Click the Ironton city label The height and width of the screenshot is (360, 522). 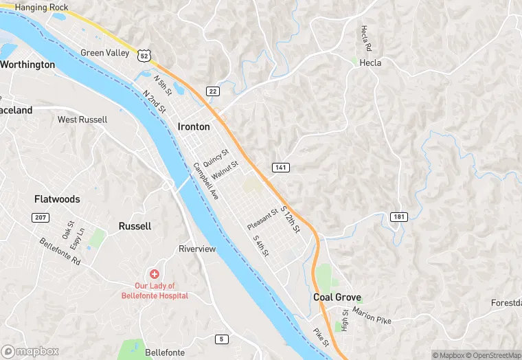click(x=194, y=126)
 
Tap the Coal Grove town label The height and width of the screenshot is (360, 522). click(x=337, y=297)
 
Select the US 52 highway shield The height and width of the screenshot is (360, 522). click(x=142, y=54)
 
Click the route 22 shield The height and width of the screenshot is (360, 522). click(x=212, y=91)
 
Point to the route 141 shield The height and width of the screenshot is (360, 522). click(x=280, y=168)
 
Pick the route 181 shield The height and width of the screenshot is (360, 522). click(x=399, y=216)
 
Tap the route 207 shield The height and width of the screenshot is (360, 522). click(x=40, y=217)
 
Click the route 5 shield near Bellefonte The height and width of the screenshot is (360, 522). click(x=220, y=339)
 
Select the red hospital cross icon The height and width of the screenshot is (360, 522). click(x=155, y=273)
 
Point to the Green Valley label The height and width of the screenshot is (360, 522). click(x=104, y=53)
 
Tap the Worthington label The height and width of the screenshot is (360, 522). click(x=27, y=65)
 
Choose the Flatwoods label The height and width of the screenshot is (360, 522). click(x=57, y=199)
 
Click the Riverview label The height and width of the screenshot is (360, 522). click(x=197, y=249)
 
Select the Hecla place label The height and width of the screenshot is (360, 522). click(x=370, y=63)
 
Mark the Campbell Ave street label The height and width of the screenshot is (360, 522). click(x=205, y=181)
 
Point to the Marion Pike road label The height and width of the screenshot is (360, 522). click(x=372, y=315)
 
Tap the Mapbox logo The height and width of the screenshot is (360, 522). click(x=30, y=351)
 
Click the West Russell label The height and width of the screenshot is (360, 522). click(x=82, y=120)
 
